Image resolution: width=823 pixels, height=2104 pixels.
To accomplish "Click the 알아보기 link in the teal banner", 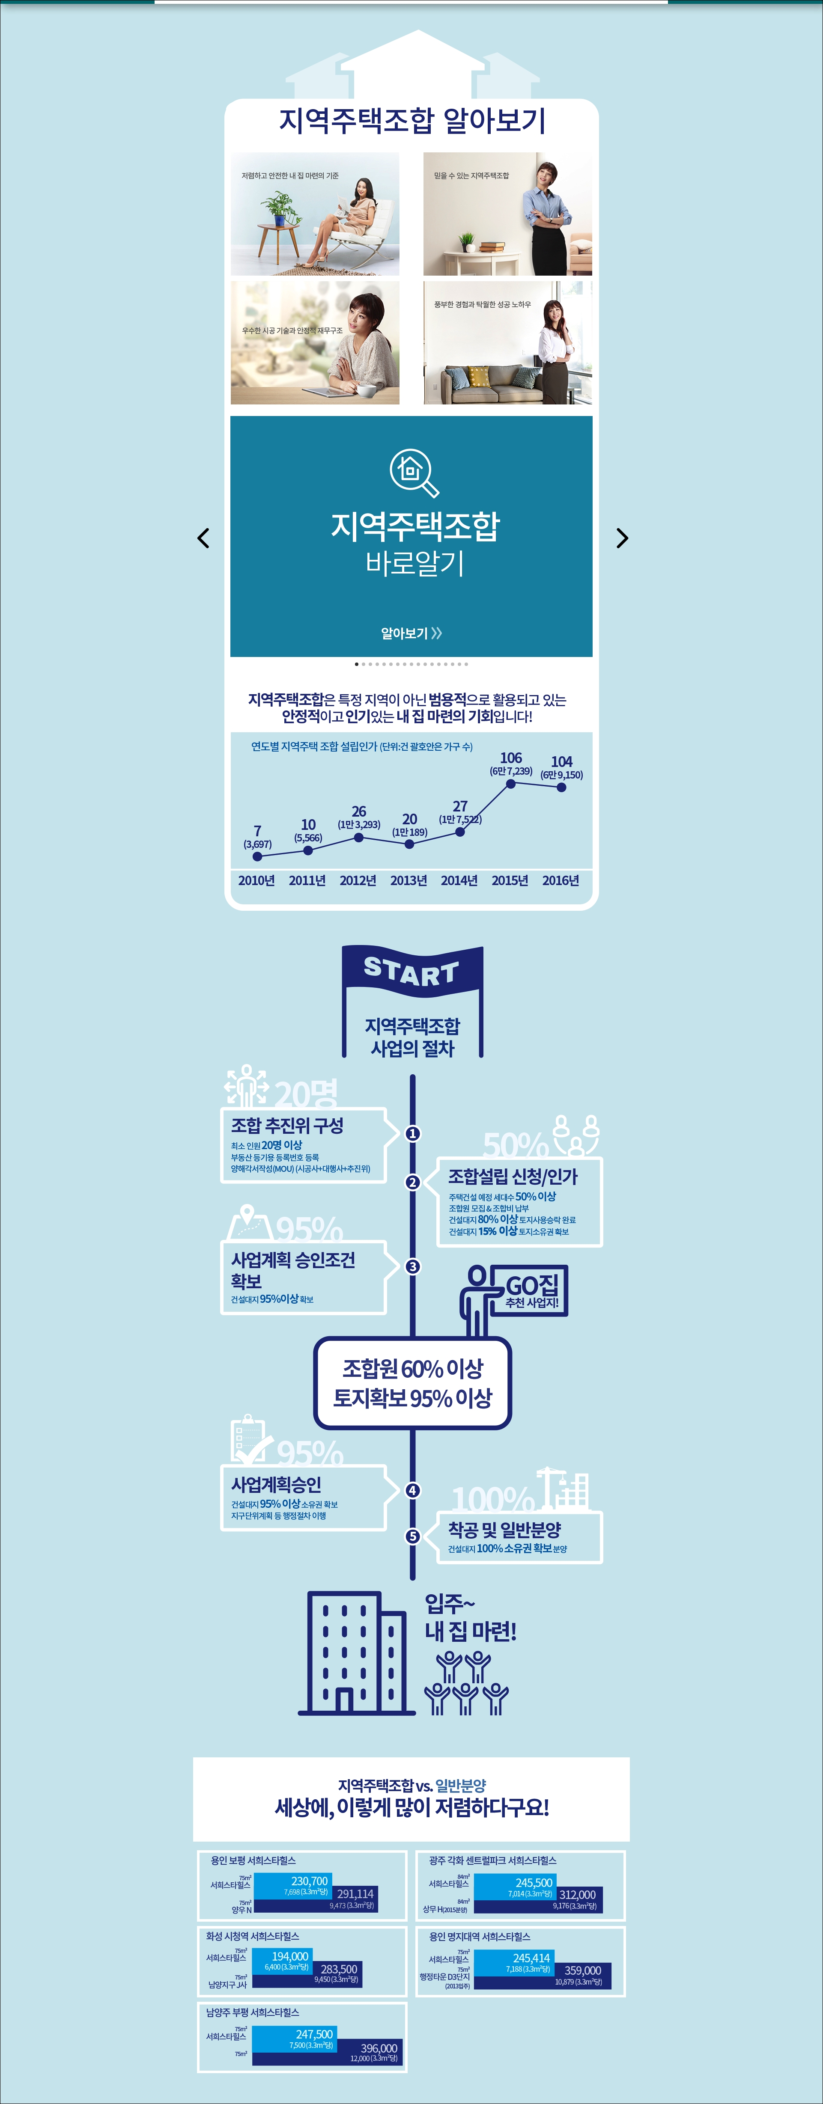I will point(411,633).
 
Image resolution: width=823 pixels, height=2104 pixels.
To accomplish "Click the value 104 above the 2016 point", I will point(561,761).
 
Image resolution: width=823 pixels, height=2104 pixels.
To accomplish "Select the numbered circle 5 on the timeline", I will point(413,1536).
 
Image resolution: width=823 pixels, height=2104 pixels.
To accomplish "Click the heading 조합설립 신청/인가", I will point(513,1176).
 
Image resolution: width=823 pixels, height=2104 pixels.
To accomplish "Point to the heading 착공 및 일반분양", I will point(504,1529).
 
